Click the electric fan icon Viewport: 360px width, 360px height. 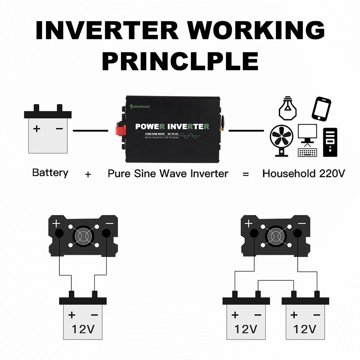click(x=282, y=140)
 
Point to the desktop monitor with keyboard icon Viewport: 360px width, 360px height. click(x=307, y=140)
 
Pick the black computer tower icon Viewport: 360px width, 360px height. click(x=330, y=142)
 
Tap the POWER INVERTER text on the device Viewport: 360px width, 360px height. click(x=172, y=127)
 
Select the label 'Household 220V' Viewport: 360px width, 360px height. click(x=303, y=174)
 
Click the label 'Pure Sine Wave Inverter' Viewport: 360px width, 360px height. click(x=168, y=174)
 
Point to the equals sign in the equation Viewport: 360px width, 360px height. click(x=246, y=175)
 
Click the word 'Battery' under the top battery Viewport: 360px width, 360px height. click(x=50, y=173)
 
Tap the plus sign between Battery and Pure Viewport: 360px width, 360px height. click(x=88, y=175)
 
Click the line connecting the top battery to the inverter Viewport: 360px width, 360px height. click(x=90, y=131)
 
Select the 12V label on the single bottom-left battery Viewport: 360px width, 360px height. click(x=83, y=328)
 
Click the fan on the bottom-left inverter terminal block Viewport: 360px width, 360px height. click(x=83, y=236)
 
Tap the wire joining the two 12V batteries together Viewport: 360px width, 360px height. click(x=275, y=281)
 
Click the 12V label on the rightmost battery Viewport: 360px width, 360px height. click(x=305, y=328)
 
